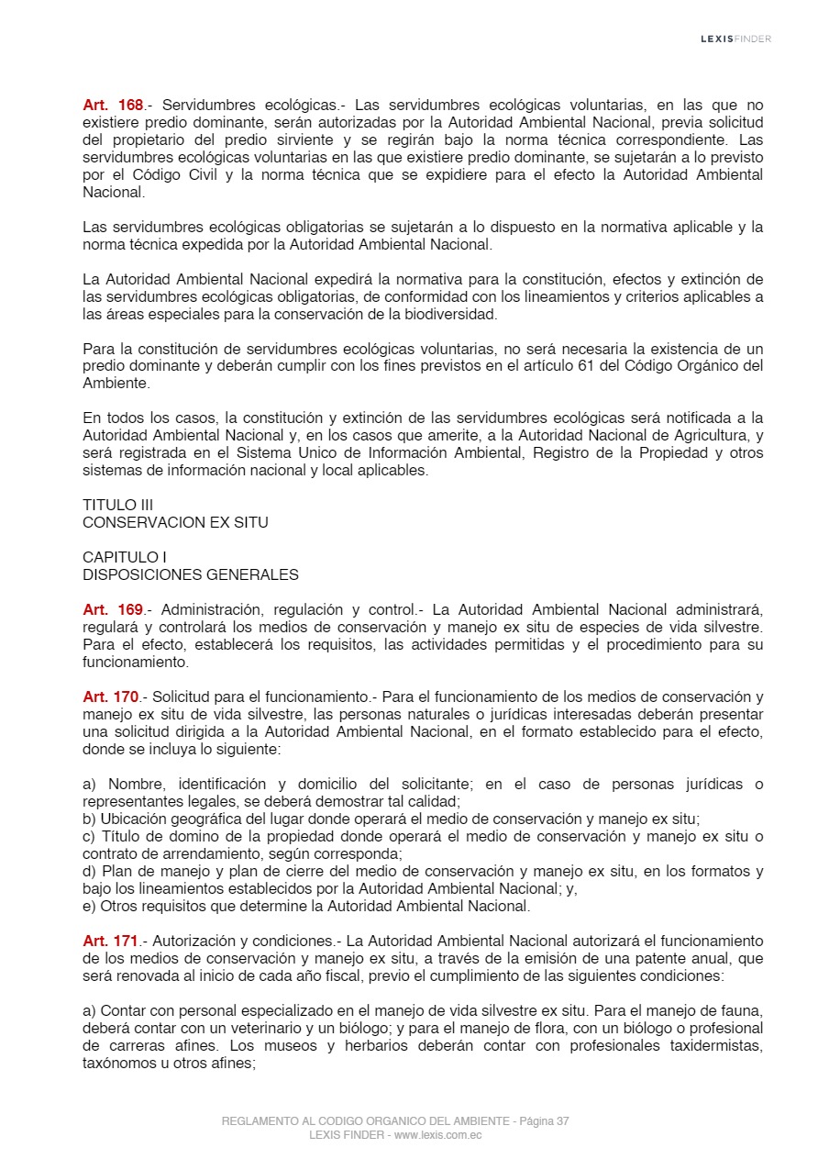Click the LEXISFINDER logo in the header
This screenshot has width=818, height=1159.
point(735,39)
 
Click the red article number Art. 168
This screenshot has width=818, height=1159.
point(113,106)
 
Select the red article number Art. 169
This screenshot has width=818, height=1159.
point(113,610)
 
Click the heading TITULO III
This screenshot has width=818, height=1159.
point(117,506)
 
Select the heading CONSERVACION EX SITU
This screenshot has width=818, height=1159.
point(175,523)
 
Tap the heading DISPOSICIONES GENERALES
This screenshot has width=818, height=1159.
point(191,575)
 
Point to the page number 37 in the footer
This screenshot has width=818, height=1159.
point(561,1121)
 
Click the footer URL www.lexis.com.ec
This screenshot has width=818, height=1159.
point(438,1135)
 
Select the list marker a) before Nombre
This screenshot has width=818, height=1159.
point(90,785)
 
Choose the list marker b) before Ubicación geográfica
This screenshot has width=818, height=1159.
point(90,819)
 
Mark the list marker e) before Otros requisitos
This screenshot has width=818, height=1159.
point(90,907)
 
